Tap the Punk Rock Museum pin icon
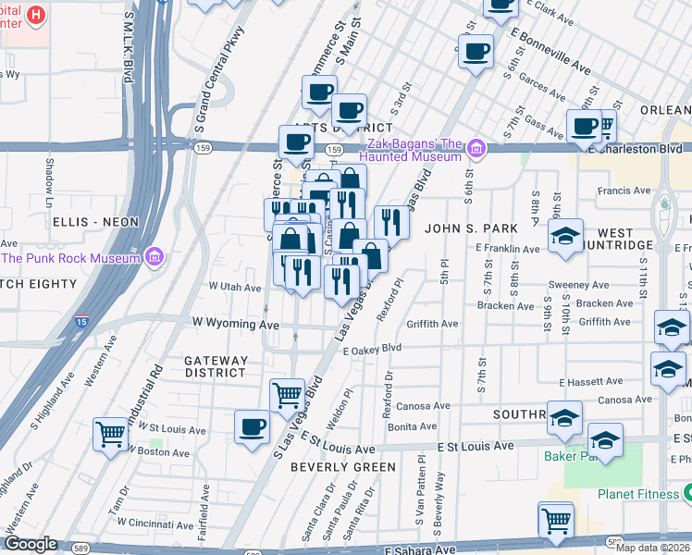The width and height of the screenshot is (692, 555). (154, 256)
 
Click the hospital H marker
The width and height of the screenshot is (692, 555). (36, 15)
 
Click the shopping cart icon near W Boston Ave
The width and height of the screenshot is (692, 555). (111, 432)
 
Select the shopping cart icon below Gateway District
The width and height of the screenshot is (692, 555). (287, 395)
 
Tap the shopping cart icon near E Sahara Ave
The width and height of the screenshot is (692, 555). (555, 521)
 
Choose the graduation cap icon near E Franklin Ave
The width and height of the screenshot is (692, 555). (565, 236)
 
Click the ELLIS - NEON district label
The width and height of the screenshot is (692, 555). (95, 222)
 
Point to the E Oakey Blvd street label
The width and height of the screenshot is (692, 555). (372, 349)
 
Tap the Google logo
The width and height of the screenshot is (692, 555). (31, 544)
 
